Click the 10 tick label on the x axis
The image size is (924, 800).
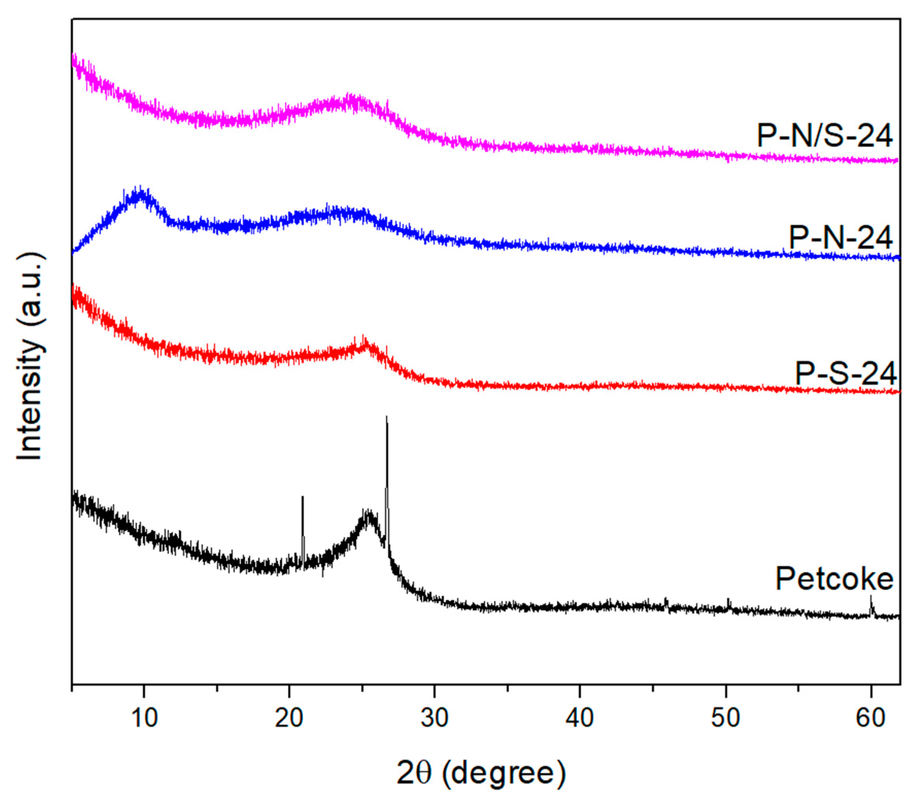[144, 718]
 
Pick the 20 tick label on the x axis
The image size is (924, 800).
[289, 718]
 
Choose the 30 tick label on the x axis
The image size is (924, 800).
[434, 718]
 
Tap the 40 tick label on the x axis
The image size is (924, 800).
[580, 718]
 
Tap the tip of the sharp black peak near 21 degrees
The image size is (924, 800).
[303, 497]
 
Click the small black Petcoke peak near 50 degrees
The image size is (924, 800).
[728, 599]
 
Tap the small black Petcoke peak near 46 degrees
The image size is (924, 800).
[666, 599]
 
